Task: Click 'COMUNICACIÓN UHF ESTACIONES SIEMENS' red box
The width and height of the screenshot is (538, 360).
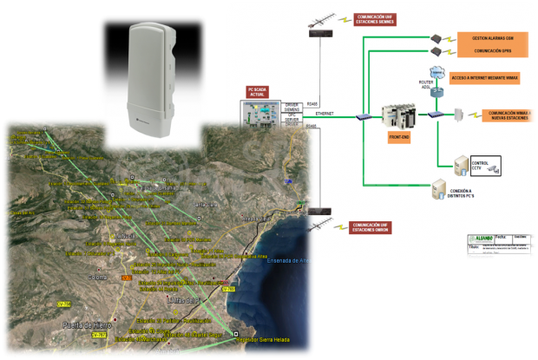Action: (x=375, y=19)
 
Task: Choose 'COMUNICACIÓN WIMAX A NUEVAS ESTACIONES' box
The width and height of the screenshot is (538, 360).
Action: (x=508, y=115)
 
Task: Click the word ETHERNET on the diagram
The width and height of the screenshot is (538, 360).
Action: (x=325, y=114)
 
